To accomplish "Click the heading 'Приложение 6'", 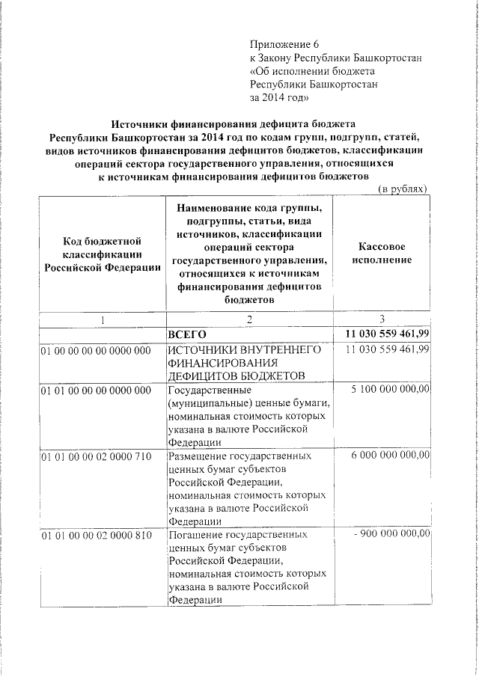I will click(289, 44).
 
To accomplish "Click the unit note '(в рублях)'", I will click(401, 190).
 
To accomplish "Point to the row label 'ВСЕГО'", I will click(188, 334).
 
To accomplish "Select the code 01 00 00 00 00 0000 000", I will click(97, 350).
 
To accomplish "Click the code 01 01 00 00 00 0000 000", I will click(97, 390).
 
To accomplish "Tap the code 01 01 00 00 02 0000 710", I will click(97, 456).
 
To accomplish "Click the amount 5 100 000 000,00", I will click(390, 390).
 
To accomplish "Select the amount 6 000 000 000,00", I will click(390, 456).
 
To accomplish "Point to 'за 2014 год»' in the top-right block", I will click(278, 97).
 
